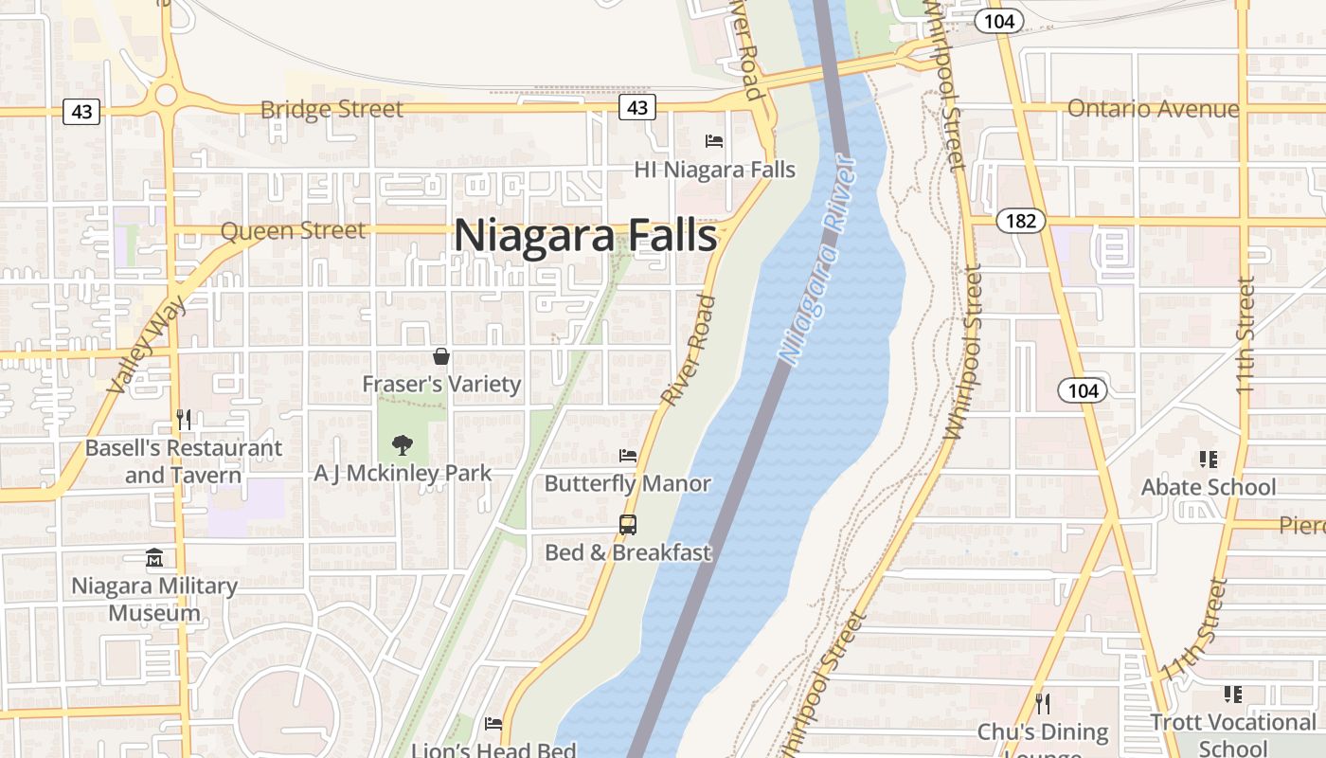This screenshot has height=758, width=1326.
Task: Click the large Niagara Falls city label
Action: (585, 236)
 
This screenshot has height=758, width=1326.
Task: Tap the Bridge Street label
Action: (331, 109)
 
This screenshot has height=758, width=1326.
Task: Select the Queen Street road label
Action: (293, 230)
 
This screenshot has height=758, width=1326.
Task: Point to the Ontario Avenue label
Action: (1153, 109)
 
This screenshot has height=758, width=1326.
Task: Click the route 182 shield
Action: (1020, 221)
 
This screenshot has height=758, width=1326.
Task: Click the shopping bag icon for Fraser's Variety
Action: (441, 356)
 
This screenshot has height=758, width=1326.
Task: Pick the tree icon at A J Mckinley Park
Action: (403, 445)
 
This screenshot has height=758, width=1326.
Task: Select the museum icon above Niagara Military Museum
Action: (154, 558)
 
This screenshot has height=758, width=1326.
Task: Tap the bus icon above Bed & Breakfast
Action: (627, 524)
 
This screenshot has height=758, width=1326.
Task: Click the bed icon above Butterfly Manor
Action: (627, 456)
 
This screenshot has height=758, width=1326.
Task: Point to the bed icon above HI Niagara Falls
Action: (714, 141)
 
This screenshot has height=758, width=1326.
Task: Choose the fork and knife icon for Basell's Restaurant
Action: (184, 419)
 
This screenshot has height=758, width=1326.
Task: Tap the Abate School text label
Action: (1209, 487)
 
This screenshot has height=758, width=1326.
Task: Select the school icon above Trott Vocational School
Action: (1233, 695)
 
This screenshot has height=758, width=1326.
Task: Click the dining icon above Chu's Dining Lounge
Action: (1043, 703)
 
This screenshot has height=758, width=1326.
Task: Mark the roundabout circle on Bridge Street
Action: (167, 94)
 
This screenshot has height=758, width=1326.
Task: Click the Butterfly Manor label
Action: (627, 483)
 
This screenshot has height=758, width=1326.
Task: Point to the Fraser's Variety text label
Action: (441, 384)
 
